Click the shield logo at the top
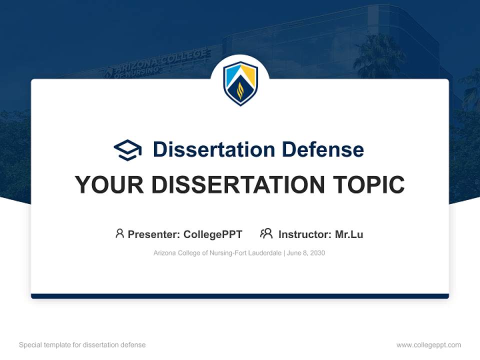click(x=240, y=83)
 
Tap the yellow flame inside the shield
click(x=240, y=91)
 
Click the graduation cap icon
click(x=127, y=150)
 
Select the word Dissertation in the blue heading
click(x=214, y=149)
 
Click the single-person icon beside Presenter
click(x=119, y=233)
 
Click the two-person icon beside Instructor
click(x=266, y=233)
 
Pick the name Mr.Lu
click(x=349, y=234)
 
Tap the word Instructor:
click(x=304, y=234)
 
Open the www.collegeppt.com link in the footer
click(x=428, y=345)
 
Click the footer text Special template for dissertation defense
click(x=82, y=345)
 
